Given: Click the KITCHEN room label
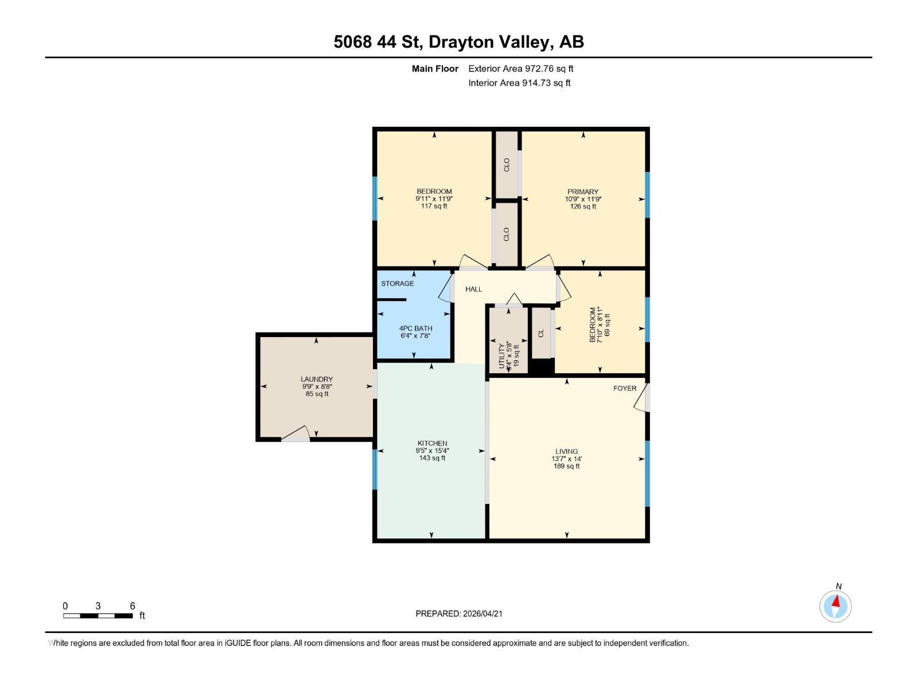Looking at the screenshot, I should (432, 443).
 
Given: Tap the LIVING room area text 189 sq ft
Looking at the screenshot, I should (566, 466).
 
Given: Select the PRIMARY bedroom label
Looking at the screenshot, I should (583, 191).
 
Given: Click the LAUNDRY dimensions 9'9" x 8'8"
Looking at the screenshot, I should (317, 386).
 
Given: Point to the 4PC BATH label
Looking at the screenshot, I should (415, 329).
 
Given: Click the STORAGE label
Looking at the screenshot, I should (397, 283).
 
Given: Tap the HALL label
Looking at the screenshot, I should (473, 289).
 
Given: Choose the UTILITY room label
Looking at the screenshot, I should (502, 356).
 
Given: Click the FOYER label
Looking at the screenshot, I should (624, 388).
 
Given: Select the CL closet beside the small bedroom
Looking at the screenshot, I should (540, 333).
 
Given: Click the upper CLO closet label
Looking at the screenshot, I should (507, 165).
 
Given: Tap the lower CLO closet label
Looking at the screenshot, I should (507, 234).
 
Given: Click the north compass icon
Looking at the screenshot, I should (835, 606).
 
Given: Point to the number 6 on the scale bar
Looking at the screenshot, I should (133, 606).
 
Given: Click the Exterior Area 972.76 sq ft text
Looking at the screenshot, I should (520, 68).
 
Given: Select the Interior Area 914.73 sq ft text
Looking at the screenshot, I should (519, 83).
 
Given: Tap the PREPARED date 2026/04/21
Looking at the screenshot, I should (482, 613).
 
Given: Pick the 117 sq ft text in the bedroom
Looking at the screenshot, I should (434, 206).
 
